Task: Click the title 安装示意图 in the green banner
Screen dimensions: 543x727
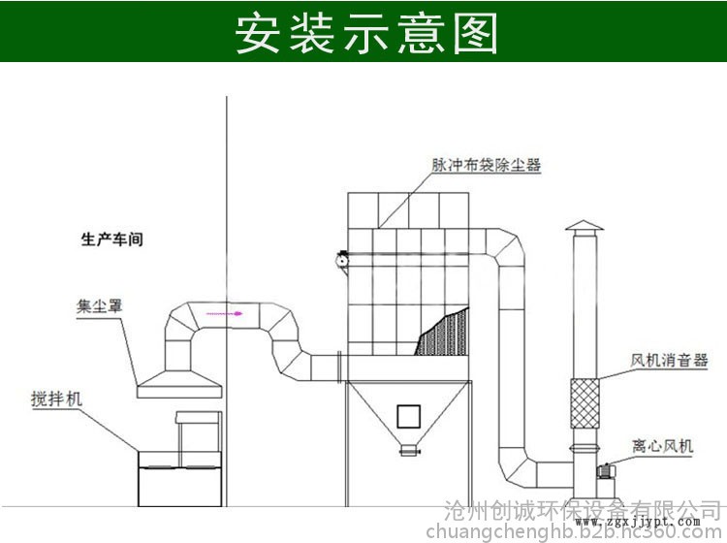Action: (x=366, y=32)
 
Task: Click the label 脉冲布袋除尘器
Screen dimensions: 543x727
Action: (x=486, y=165)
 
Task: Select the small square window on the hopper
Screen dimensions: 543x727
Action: (x=408, y=416)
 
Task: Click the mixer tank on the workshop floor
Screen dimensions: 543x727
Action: (x=178, y=477)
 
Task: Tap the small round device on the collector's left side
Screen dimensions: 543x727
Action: (x=341, y=259)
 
